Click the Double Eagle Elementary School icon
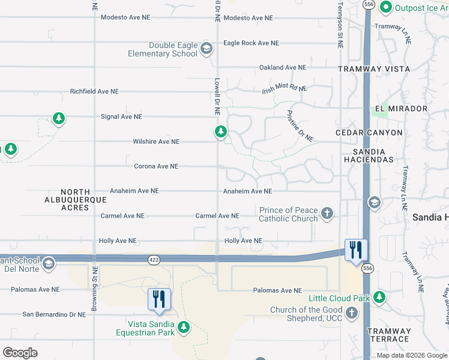[x=206, y=49]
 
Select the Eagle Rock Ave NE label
[x=251, y=43]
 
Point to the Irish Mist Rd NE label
[x=284, y=89]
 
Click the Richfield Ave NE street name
[x=94, y=92]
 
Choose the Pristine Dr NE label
[x=300, y=125]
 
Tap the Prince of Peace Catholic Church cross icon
[x=327, y=213]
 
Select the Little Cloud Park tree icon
[x=379, y=297]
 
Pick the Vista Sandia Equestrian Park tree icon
[x=184, y=327]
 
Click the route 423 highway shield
[x=154, y=259]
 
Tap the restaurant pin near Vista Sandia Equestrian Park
[x=159, y=299]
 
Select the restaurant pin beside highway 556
[x=356, y=250]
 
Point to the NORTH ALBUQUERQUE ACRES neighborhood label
[x=75, y=200]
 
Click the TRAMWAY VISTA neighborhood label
[x=374, y=69]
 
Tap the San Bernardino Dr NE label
[x=54, y=314]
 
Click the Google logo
[x=20, y=353]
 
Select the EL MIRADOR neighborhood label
[x=401, y=109]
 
